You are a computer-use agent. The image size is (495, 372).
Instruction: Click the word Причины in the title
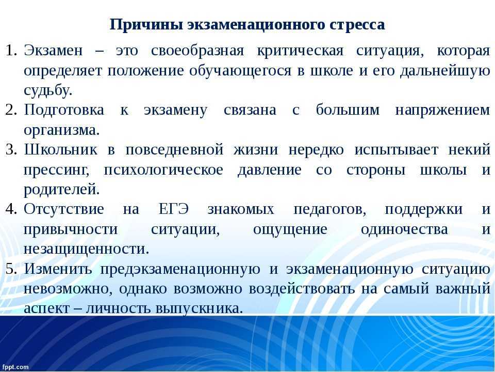[146, 25]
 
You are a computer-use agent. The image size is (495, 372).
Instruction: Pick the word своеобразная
[197, 51]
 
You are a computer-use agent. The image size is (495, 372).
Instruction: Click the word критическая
[300, 51]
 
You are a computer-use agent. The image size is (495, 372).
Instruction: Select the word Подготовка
[64, 111]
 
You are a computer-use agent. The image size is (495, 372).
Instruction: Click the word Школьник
[61, 150]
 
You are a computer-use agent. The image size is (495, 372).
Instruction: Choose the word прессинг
[57, 171]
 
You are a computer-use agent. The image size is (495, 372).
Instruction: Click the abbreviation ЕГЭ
[174, 209]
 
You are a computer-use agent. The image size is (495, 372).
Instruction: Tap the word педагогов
[330, 210]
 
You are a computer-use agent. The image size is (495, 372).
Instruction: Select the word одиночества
[404, 229]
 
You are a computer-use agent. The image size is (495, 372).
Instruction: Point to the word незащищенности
[86, 249]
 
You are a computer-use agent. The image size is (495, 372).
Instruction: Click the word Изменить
[58, 269]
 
